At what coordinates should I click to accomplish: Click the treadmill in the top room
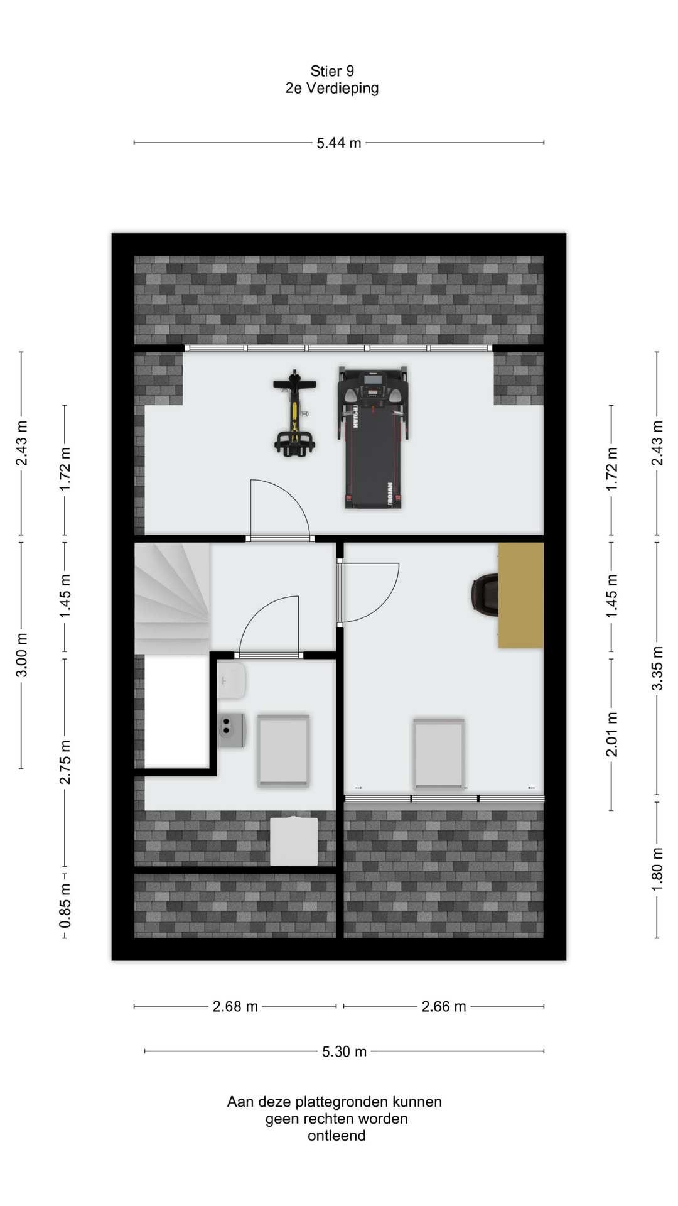tap(373, 437)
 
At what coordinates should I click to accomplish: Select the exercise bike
tap(294, 413)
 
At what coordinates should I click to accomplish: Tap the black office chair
tap(485, 594)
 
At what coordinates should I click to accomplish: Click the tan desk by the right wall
tap(521, 595)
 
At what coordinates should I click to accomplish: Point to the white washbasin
tap(231, 680)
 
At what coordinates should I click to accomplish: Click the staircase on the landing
tap(172, 599)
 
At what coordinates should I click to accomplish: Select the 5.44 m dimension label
tap(339, 143)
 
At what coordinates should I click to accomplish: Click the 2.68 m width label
tap(235, 1006)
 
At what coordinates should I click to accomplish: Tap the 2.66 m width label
tap(444, 1006)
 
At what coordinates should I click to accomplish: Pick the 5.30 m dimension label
tap(344, 1051)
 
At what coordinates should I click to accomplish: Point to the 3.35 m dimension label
tap(657, 668)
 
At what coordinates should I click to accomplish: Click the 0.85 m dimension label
tap(65, 905)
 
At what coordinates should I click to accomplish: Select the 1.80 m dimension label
tap(657, 869)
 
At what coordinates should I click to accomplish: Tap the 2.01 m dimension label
tap(612, 734)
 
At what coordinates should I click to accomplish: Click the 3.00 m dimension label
tap(21, 655)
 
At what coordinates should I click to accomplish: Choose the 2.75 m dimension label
tap(65, 762)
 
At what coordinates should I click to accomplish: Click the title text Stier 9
tap(332, 72)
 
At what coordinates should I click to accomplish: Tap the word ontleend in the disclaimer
tap(336, 1136)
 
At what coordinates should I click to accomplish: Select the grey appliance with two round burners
tap(232, 730)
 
